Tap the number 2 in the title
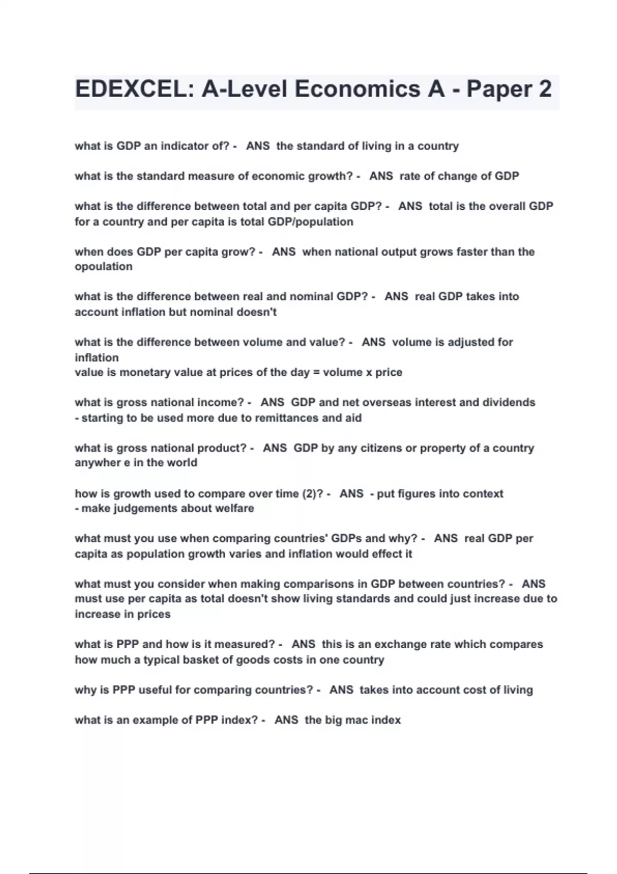545,89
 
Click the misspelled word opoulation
103,267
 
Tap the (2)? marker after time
314,494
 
